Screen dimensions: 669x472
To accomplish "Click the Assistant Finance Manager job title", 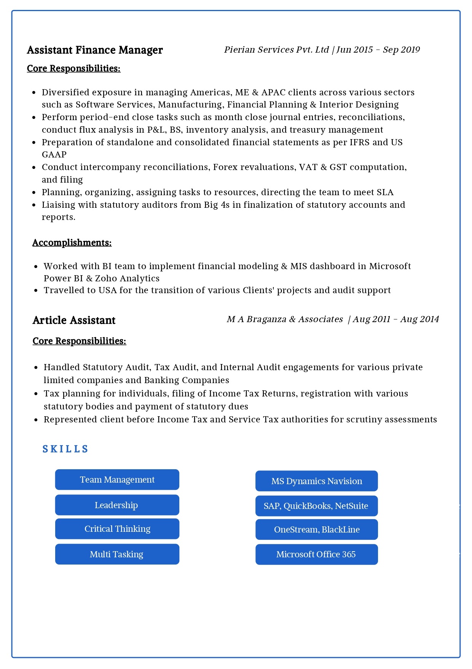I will (x=95, y=50).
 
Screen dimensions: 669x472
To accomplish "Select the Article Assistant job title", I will (x=74, y=320).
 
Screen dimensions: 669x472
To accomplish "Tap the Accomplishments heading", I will (x=72, y=243).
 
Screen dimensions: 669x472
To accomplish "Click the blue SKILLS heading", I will (x=65, y=449).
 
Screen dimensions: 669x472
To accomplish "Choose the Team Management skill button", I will (x=117, y=480).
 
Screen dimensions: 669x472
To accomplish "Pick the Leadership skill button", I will (x=117, y=505).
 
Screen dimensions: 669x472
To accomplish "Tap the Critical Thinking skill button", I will (x=117, y=529).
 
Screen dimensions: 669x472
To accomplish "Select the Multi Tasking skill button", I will (x=117, y=554).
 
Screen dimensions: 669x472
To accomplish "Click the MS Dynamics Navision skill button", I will (x=317, y=481).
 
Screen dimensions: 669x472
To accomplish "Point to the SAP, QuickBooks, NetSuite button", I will (x=317, y=506).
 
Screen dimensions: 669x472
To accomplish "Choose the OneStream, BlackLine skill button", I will (x=317, y=529).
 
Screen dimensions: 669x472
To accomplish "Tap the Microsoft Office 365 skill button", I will (x=317, y=554).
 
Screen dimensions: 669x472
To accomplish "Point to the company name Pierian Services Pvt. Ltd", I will (x=276, y=50).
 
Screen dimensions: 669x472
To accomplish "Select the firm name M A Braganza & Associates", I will (x=285, y=319).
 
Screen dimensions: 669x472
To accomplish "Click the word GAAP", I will (x=54, y=155).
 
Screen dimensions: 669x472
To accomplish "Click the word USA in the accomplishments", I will (x=107, y=290).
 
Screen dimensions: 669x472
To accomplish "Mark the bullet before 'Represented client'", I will (x=36, y=420).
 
